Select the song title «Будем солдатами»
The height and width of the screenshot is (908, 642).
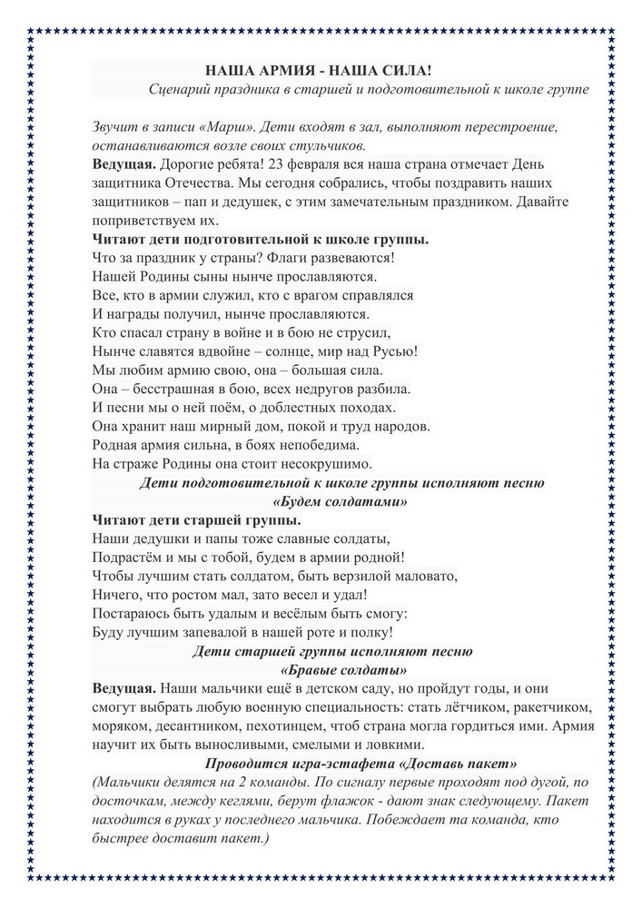coord(340,501)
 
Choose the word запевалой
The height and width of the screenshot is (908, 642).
coord(225,632)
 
